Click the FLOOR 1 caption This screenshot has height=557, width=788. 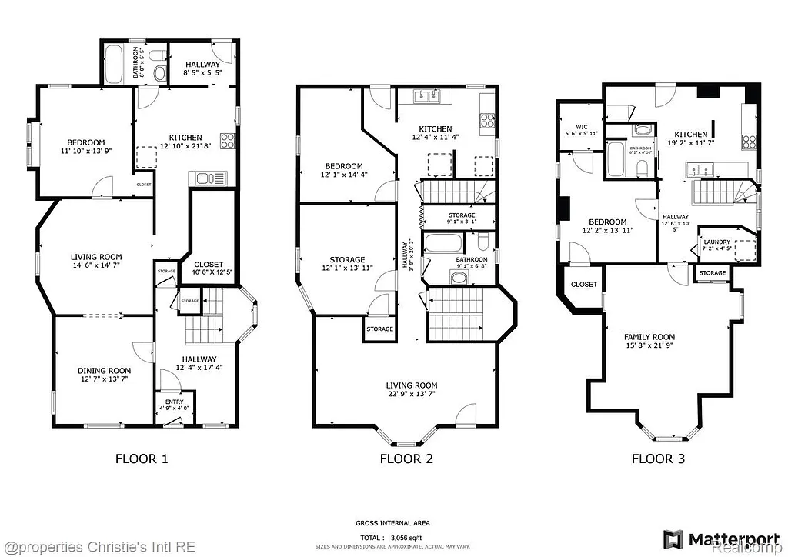[142, 459]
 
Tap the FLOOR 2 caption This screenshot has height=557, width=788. [406, 459]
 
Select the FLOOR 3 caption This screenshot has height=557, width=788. [658, 459]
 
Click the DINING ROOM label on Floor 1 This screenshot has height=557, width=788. [104, 375]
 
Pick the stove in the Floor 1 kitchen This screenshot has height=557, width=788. [228, 141]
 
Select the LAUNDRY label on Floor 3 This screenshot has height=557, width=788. [716, 245]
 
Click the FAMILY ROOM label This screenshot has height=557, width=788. [649, 342]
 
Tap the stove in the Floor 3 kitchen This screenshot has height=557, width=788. [749, 141]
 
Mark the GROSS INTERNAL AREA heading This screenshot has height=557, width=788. [392, 523]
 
